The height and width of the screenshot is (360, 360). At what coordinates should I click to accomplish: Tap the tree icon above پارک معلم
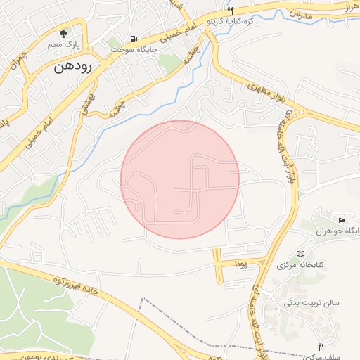point(65,32)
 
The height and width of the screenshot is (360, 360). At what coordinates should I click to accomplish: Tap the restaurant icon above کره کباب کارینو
point(230,11)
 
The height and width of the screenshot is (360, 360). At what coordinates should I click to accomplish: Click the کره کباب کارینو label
point(230,22)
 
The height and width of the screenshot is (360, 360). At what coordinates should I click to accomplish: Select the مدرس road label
point(299,14)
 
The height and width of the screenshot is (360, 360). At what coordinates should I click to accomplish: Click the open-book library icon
point(301,253)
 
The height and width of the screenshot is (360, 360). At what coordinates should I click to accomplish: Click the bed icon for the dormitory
point(342,221)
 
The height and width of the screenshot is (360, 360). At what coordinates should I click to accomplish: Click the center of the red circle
point(180,179)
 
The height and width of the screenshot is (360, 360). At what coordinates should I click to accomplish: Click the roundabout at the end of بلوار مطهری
point(302,112)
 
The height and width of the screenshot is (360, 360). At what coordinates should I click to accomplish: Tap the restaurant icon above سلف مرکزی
point(321,347)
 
